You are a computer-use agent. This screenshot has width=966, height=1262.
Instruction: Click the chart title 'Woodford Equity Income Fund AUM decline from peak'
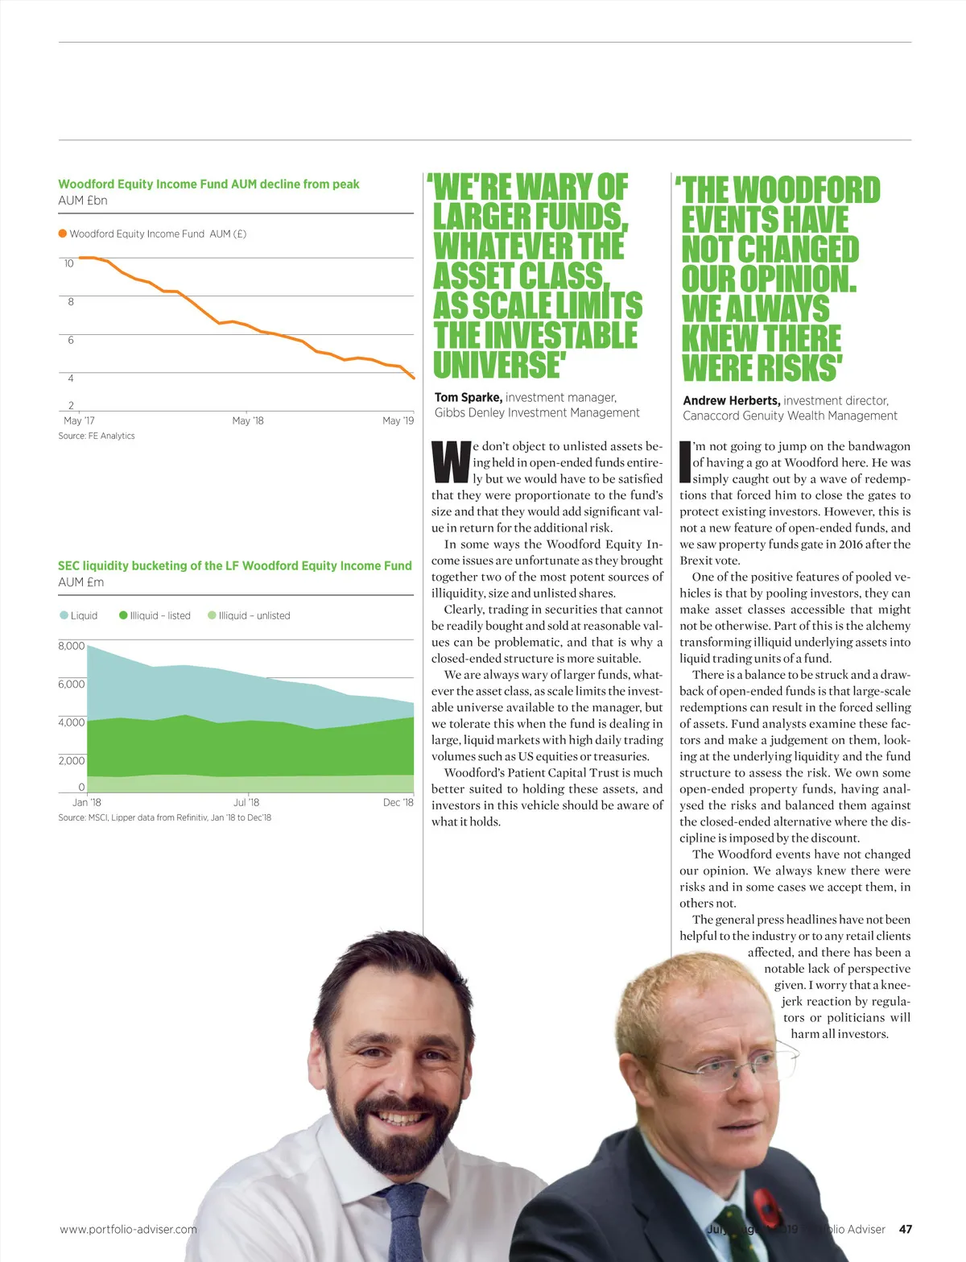point(208,184)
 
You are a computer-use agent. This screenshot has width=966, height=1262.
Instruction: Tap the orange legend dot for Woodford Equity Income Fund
point(63,234)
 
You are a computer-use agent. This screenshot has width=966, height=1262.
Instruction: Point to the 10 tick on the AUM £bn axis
point(68,263)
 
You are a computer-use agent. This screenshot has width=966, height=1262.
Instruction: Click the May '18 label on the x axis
point(247,420)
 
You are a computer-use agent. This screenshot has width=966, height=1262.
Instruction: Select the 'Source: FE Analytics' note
point(97,436)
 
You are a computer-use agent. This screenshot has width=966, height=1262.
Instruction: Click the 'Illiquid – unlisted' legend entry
point(250,615)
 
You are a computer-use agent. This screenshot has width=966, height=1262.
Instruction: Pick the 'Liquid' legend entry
point(79,615)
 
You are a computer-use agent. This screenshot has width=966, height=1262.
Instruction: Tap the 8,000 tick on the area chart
point(72,646)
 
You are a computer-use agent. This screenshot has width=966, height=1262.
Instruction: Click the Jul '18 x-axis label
point(246,802)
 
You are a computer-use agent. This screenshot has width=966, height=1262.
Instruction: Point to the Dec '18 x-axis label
point(398,802)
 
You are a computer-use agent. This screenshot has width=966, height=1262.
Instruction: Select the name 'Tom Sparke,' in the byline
point(469,397)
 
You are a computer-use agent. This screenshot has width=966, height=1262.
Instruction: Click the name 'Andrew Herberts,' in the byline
point(731,400)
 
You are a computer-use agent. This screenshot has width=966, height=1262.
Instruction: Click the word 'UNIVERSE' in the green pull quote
point(497,365)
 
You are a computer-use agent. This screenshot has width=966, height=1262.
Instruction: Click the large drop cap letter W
point(451,461)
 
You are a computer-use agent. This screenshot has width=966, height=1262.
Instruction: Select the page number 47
point(906,1229)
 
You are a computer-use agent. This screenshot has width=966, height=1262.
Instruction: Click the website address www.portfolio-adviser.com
point(128,1229)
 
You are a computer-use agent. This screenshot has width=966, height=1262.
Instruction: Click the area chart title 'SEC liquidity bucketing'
point(234,566)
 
